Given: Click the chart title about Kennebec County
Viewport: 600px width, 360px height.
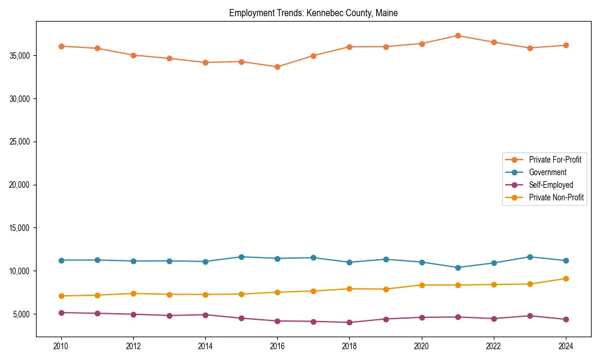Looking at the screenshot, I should (313, 13).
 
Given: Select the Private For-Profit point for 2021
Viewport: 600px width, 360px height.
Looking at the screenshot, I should (458, 35).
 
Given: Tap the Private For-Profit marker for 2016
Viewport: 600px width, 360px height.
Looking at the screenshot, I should (277, 67).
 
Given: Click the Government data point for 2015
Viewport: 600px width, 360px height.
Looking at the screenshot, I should (241, 257).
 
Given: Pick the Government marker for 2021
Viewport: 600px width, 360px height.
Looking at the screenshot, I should (458, 268).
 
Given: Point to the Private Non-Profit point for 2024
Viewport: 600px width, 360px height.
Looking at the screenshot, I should (566, 278).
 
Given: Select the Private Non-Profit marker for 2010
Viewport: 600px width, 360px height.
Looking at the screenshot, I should (61, 296).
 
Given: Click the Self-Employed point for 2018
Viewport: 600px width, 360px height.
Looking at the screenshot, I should (349, 322).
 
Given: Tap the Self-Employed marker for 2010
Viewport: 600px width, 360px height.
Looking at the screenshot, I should (61, 313).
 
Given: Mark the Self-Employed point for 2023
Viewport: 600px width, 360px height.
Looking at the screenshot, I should (530, 316).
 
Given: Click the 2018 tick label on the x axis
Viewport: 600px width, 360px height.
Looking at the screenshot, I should (349, 346).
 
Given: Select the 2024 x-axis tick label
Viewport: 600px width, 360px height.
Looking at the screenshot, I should (566, 346).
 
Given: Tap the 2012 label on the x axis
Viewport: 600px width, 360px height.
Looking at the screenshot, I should (133, 346).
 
